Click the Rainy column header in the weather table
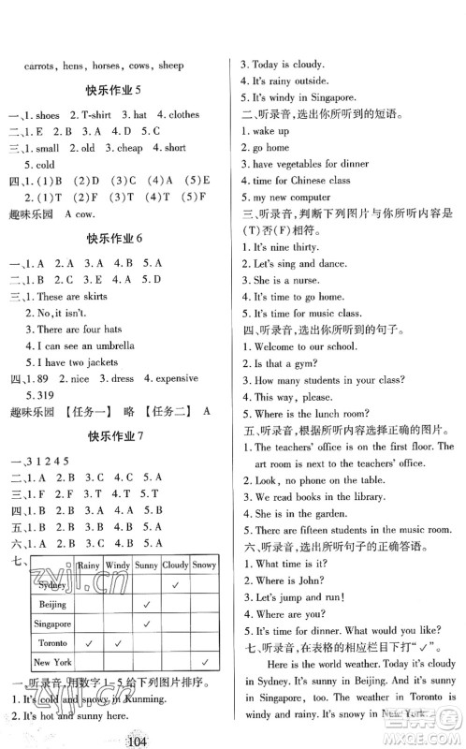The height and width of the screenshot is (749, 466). pos(89,565)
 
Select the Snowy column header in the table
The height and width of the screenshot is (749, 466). pos(203,565)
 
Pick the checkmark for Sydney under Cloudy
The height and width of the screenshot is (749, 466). pos(175,585)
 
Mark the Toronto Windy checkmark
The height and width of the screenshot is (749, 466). pos(118,643)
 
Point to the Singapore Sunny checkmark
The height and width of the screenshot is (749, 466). pos(147,624)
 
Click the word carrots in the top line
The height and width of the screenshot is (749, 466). pos(37,66)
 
